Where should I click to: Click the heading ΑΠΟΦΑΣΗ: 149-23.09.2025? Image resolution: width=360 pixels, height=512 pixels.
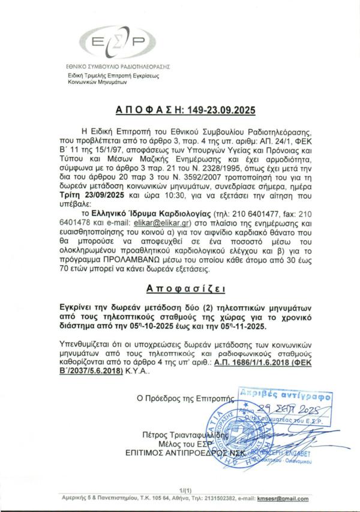pyautogui.click(x=179, y=111)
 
